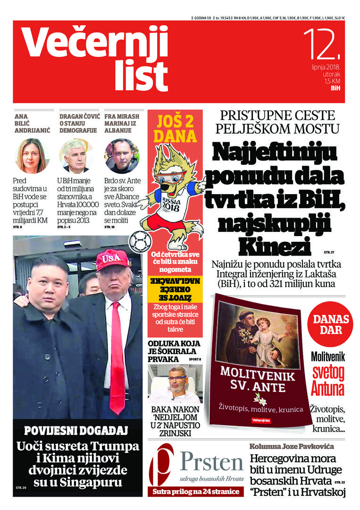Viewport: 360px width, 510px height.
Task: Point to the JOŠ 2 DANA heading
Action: pyautogui.click(x=175, y=129)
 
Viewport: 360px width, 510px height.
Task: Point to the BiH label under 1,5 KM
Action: pyautogui.click(x=335, y=88)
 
